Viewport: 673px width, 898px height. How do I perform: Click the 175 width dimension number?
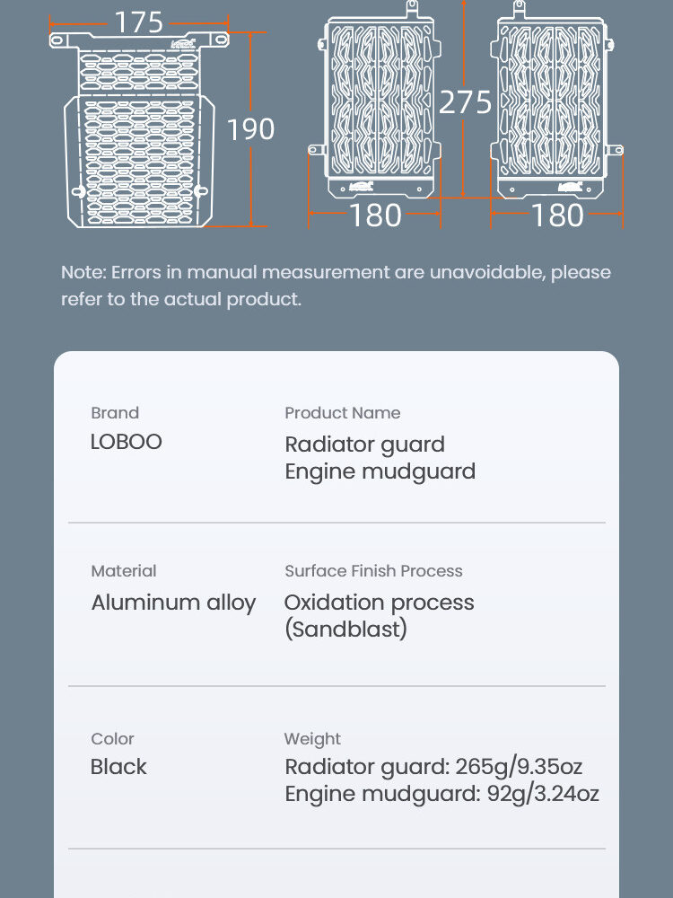click(x=139, y=22)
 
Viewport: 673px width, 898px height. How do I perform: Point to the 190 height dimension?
click(x=250, y=129)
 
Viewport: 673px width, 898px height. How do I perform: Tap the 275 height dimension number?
click(x=466, y=101)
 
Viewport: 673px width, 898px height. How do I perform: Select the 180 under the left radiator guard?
click(x=375, y=216)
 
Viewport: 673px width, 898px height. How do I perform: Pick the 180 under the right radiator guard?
click(x=557, y=216)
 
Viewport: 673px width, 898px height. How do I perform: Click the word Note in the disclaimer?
click(x=82, y=272)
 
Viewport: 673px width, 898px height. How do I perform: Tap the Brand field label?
click(x=115, y=413)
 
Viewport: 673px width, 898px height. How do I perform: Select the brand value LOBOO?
click(x=127, y=442)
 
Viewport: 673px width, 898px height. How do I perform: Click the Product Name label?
click(x=343, y=413)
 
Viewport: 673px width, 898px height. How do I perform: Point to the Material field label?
click(x=124, y=571)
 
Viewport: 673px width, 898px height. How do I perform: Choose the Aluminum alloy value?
click(x=173, y=603)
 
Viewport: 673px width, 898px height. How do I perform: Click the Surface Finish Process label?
click(x=373, y=571)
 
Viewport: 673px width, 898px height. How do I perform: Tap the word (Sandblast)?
click(x=345, y=629)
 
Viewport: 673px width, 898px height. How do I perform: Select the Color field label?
click(x=112, y=739)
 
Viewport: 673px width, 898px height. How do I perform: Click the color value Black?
click(x=118, y=767)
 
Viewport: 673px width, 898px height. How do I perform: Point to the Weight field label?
click(x=312, y=739)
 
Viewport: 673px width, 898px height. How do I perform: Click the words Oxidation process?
click(x=379, y=603)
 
